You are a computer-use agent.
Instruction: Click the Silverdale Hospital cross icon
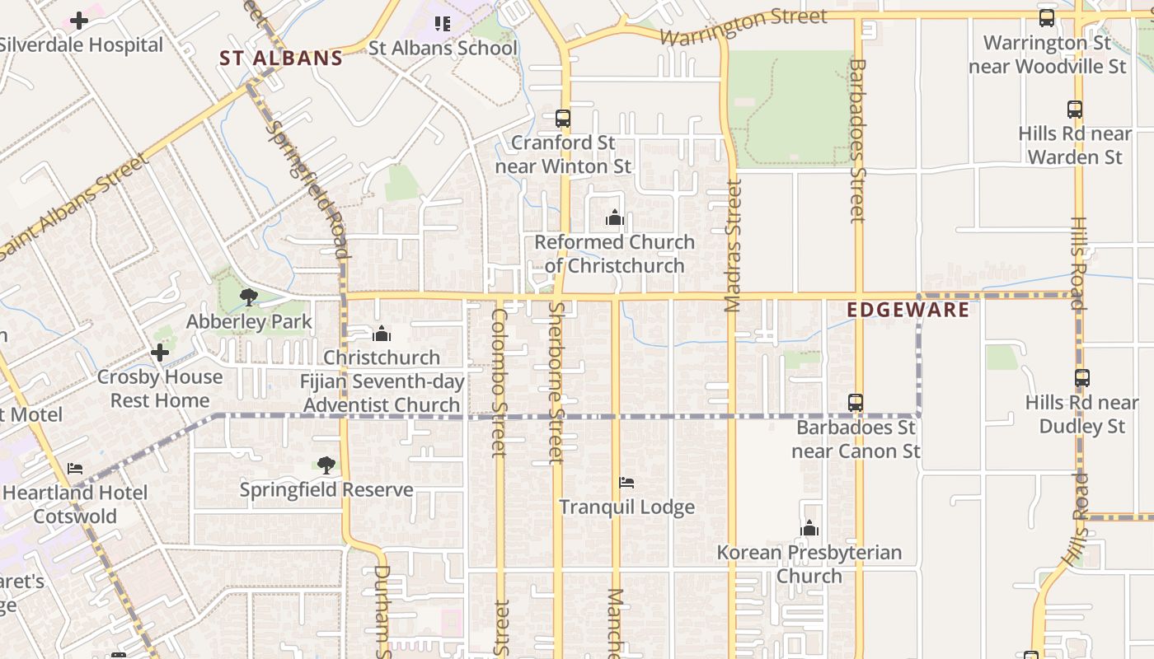[79, 20]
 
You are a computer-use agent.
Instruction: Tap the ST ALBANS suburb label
[281, 58]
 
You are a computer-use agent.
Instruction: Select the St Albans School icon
[443, 24]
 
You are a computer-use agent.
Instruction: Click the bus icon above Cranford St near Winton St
[563, 119]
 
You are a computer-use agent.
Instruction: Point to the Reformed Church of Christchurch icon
[614, 218]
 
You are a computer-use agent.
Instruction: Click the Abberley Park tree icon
[248, 297]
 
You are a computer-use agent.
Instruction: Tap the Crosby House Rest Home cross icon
[160, 353]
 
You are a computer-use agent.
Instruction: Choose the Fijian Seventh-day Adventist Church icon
[381, 334]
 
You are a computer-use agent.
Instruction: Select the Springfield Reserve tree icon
[326, 465]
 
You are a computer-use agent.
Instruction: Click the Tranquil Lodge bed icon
[626, 483]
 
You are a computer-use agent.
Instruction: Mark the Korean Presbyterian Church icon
[809, 528]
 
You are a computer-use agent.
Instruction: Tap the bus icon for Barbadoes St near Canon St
[856, 403]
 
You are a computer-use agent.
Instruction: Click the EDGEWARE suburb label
[908, 310]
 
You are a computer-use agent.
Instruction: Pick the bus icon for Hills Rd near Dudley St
[1082, 378]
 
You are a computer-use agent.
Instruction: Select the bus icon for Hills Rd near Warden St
[1075, 109]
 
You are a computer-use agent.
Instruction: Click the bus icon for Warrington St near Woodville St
[1047, 18]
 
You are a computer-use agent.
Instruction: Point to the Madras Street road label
[733, 245]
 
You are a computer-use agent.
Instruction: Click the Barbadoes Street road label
[857, 140]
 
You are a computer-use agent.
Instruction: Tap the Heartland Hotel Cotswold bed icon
[75, 469]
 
